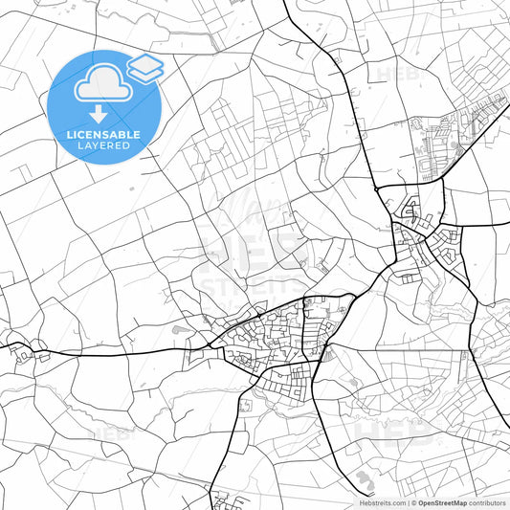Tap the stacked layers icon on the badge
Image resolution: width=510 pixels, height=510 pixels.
coord(144,67)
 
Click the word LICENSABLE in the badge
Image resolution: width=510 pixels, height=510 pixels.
coord(103,135)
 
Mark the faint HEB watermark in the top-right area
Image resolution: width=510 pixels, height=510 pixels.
coord(397,74)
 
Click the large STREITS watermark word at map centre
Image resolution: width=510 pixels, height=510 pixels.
coord(255,286)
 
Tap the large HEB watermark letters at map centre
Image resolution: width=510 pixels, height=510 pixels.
coord(255,253)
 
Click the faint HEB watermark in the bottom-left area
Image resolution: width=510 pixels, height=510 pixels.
coord(113,432)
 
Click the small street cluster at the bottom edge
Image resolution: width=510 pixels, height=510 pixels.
coord(228,499)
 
